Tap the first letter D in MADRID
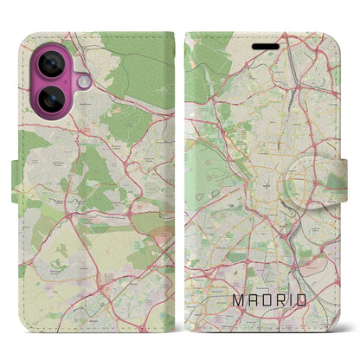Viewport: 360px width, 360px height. click(x=271, y=301)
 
